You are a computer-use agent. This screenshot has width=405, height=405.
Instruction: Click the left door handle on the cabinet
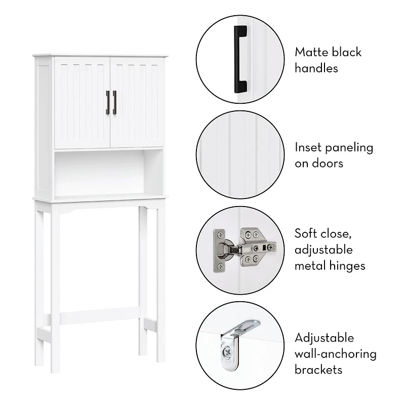point(108,103)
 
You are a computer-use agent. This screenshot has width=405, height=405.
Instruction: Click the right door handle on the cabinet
point(114,103)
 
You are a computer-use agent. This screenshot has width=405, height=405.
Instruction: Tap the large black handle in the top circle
point(240,59)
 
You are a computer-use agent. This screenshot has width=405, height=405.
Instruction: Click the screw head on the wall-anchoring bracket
point(228,351)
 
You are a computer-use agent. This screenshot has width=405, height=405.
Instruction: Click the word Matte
point(311,53)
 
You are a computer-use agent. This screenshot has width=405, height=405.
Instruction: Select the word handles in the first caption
point(316,68)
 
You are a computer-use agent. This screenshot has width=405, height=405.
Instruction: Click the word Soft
point(306,233)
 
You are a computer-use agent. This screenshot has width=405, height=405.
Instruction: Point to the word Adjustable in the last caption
point(324,338)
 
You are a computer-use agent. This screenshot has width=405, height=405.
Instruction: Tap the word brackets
point(318,370)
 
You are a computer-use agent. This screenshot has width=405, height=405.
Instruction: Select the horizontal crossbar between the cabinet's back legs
point(99,315)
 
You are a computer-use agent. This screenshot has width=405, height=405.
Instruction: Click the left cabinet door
point(83,103)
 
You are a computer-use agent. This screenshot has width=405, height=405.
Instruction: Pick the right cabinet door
point(137,102)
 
